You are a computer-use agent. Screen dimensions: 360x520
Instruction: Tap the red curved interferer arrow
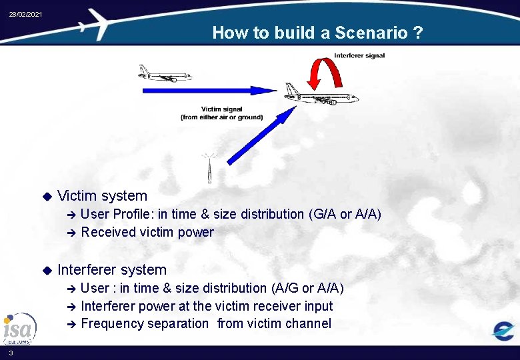[x=328, y=73]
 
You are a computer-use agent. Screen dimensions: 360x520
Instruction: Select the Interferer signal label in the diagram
[x=359, y=55]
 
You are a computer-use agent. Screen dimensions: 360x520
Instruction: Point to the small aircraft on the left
[x=164, y=73]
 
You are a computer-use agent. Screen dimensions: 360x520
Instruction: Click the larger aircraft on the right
[x=321, y=95]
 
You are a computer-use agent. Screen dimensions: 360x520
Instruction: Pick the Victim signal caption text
[x=221, y=113]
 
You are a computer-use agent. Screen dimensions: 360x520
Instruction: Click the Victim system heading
[x=103, y=196]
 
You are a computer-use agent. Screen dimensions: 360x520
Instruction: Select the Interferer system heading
[x=112, y=270]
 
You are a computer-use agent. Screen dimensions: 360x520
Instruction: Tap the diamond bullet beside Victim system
[x=47, y=196]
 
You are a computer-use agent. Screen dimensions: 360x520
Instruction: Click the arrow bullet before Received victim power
[x=72, y=233]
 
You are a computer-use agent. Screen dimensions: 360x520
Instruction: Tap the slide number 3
[x=11, y=353]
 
